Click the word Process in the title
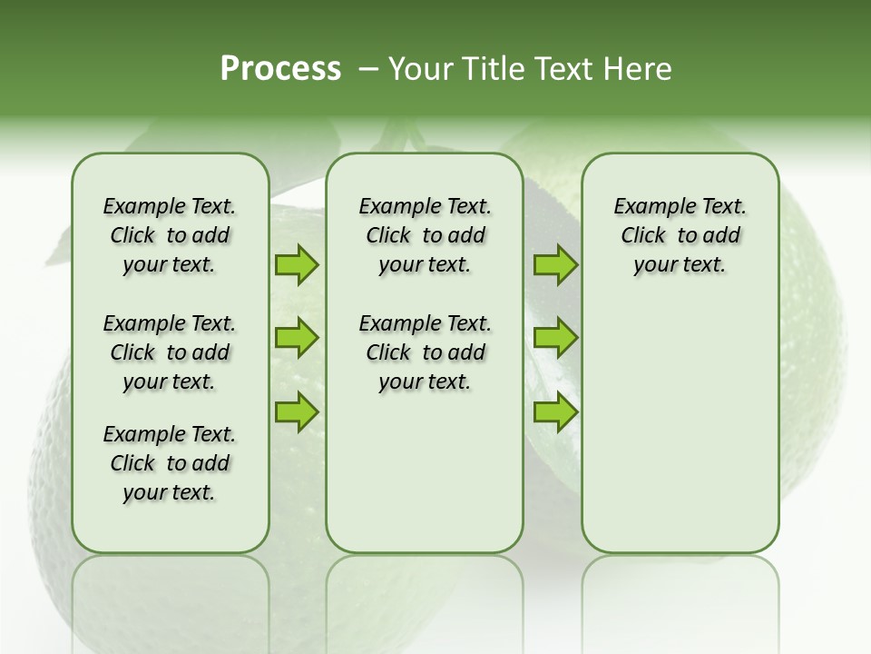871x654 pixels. tap(280, 69)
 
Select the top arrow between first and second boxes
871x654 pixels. tap(297, 264)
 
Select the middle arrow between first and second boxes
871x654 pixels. tap(297, 338)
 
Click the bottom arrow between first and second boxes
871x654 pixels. tap(297, 411)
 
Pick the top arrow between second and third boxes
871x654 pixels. tap(555, 264)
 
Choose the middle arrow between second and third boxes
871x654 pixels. tap(555, 338)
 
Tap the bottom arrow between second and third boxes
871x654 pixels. tap(555, 411)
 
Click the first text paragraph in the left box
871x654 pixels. tap(170, 235)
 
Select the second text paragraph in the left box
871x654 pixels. tap(170, 352)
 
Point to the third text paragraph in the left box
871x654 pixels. tap(170, 463)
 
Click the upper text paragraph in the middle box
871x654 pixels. tap(425, 235)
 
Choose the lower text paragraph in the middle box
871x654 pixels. tap(425, 352)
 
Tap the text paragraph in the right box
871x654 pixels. tap(680, 235)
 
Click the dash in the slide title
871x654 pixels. tap(368, 69)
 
